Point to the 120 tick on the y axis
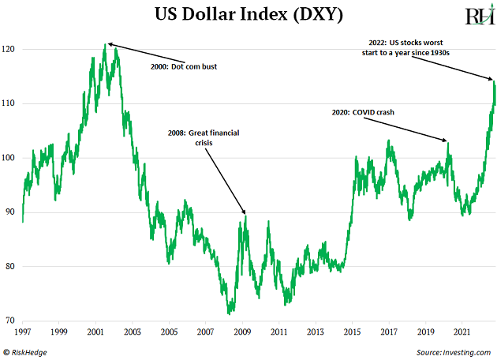coord(10,49)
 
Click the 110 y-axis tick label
coord(10,103)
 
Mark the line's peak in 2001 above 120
coord(105,44)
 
